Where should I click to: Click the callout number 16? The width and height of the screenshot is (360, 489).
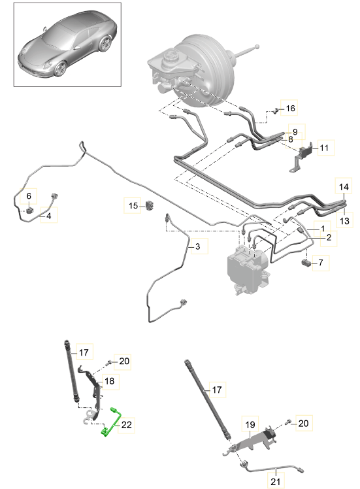[x=290, y=109]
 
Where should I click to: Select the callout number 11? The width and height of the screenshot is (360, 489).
[x=324, y=148]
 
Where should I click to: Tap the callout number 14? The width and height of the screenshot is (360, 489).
[x=344, y=187]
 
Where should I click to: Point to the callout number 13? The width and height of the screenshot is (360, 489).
[x=344, y=221]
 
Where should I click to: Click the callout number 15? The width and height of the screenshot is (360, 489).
[x=133, y=206]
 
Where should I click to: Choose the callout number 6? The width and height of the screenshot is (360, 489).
[x=29, y=196]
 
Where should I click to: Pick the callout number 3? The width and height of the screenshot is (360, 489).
[x=197, y=246]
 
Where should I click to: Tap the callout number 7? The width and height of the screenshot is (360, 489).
[x=321, y=263]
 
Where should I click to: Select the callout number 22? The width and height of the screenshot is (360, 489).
[x=127, y=424]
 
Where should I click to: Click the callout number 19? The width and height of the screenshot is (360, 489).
[x=250, y=424]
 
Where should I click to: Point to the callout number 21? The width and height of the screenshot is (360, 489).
[x=276, y=482]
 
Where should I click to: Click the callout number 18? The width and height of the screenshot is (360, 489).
[x=109, y=380]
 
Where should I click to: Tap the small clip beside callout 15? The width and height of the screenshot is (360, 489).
[x=150, y=205]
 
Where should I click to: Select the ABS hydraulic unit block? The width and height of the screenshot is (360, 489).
[x=247, y=270]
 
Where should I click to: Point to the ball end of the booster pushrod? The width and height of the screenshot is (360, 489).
[x=257, y=47]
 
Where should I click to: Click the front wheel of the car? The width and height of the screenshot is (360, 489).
[x=61, y=69]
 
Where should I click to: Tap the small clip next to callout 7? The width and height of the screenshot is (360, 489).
[x=306, y=263]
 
